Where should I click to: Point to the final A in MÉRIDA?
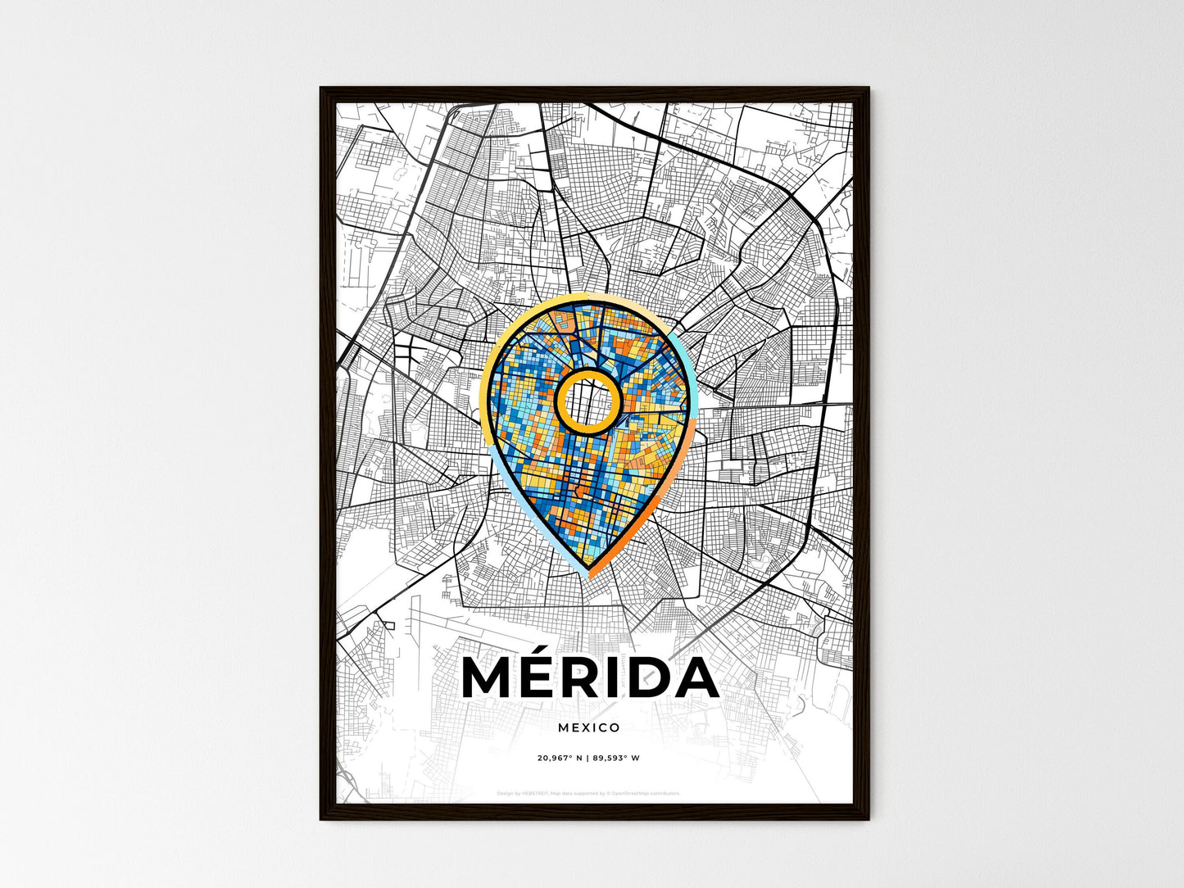click(695, 678)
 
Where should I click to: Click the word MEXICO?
click(588, 727)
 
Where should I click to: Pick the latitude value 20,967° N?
click(560, 758)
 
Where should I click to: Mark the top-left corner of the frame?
click(321, 88)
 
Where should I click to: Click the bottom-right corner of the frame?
click(869, 819)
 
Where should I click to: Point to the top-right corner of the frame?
click(869, 88)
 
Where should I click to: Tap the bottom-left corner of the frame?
click(321, 819)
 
